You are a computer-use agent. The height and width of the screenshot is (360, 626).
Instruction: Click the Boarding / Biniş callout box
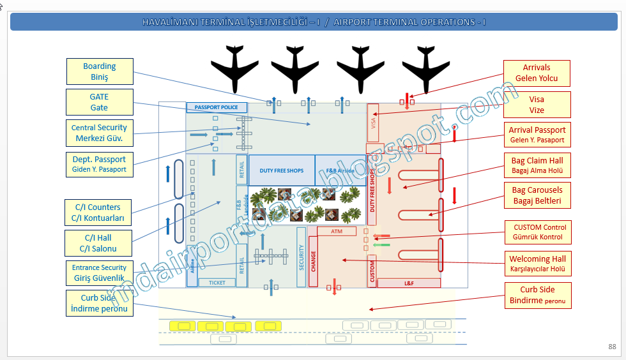[100, 71]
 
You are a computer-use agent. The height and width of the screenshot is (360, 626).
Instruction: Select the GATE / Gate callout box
[100, 102]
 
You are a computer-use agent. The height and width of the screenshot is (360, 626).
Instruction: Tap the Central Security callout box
[99, 133]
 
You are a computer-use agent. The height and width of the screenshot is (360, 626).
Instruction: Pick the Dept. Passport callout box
[99, 164]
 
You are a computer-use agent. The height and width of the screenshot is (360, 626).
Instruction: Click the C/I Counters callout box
[100, 213]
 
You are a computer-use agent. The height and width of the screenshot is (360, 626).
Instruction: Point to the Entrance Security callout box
[99, 273]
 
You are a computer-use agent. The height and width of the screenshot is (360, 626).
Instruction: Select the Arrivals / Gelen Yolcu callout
[537, 73]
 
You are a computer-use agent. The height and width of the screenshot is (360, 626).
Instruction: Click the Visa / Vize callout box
[537, 104]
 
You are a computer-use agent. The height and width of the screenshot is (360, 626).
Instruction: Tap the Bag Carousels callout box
[537, 195]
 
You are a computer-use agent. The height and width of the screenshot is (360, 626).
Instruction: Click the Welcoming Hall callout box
[537, 264]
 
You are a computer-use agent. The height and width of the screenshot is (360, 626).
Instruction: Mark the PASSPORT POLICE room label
[216, 107]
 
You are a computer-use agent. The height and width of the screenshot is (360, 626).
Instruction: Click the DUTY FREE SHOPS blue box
[281, 170]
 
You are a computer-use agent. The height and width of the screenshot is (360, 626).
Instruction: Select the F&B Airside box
[340, 170]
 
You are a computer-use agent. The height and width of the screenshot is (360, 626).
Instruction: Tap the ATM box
[337, 231]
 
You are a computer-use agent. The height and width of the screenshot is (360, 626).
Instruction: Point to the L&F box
[409, 283]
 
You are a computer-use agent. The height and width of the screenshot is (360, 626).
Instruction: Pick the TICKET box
[217, 282]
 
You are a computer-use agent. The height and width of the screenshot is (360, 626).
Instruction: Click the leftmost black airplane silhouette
[236, 68]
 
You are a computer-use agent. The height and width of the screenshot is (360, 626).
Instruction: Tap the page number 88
[612, 347]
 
